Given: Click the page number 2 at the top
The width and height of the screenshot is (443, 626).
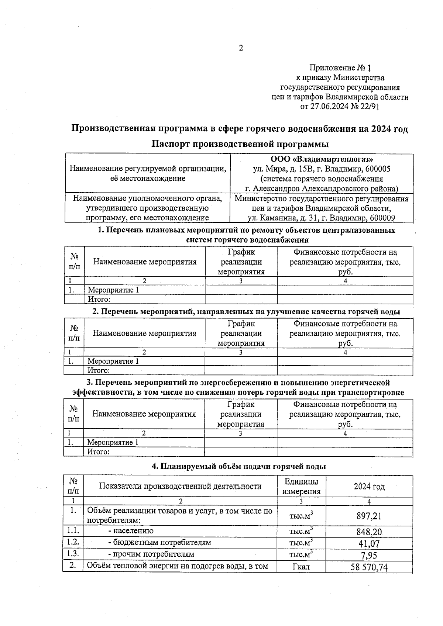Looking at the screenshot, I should [x=241, y=48].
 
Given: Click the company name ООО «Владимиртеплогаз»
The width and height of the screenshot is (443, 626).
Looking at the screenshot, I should [x=322, y=159].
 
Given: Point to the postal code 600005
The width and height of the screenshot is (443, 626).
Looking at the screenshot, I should [x=377, y=169].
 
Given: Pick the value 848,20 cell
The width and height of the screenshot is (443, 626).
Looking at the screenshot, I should [x=369, y=532].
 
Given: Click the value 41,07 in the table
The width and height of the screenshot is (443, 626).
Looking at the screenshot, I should [x=369, y=543].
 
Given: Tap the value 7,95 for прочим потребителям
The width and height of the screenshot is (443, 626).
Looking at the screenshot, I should [x=369, y=555].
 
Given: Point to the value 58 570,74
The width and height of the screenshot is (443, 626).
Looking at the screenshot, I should [x=369, y=567].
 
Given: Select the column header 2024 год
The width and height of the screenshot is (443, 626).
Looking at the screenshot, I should [x=369, y=487].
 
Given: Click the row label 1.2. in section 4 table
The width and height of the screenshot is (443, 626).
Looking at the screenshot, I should [x=73, y=542].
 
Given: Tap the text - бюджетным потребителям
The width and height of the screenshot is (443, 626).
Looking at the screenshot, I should [x=159, y=543].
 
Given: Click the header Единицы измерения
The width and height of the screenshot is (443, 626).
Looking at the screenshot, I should [x=301, y=486].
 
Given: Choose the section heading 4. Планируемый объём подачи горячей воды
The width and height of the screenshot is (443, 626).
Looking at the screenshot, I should [x=239, y=466].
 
